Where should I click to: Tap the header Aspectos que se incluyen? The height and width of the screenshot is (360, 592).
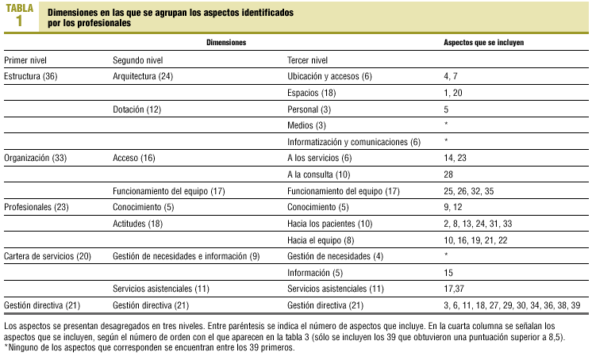click(x=488, y=40)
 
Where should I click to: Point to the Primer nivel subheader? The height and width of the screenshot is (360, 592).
click(x=25, y=60)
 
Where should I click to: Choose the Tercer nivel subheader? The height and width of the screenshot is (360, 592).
click(x=307, y=60)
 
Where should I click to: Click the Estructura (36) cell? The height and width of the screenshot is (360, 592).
click(x=31, y=76)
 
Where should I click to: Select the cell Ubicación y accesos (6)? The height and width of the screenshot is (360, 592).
click(x=329, y=76)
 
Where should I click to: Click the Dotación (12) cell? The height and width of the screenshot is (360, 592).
click(x=137, y=109)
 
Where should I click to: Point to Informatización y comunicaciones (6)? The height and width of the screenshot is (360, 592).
click(x=353, y=142)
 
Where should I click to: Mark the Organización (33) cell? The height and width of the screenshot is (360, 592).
click(x=36, y=158)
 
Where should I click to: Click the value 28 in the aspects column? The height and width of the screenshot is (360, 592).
click(x=449, y=174)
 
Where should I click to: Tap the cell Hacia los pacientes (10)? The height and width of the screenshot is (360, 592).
click(x=327, y=224)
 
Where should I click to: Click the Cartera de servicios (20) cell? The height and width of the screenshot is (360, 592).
click(x=48, y=256)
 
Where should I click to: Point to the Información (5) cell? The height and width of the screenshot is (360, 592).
click(x=314, y=273)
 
